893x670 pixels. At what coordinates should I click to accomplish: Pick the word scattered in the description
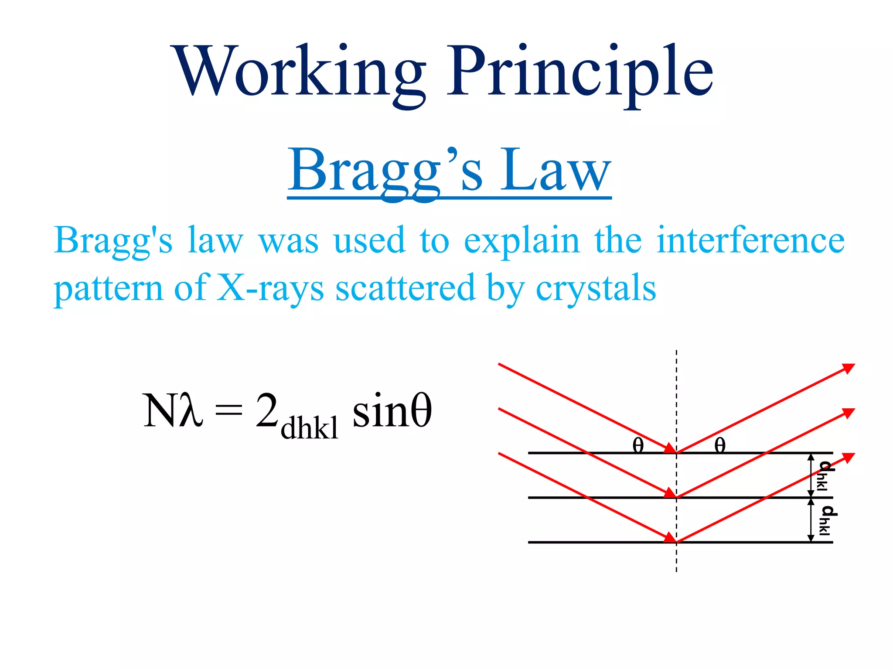[x=405, y=288]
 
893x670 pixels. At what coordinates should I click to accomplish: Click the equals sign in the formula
[x=229, y=410]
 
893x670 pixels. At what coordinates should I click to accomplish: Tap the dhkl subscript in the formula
[x=309, y=428]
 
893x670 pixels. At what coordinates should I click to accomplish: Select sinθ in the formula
[x=392, y=410]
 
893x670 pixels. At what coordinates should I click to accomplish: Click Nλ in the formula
[x=173, y=410]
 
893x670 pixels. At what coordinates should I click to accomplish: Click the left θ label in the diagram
[x=638, y=445]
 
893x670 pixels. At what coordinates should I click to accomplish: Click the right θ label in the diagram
[x=720, y=445]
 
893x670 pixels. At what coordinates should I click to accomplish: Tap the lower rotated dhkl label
[x=826, y=520]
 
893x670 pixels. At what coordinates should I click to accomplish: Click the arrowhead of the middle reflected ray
[x=849, y=413]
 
